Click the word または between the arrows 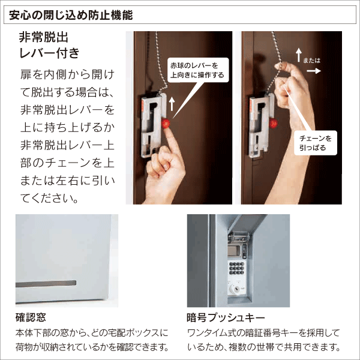click(312, 61)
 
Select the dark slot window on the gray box click(47, 281)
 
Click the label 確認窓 click(31, 317)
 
